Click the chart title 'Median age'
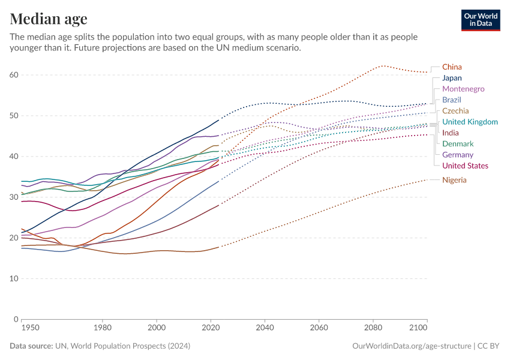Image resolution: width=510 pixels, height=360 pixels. (x=49, y=19)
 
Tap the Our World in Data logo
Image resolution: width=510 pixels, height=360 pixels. (x=480, y=20)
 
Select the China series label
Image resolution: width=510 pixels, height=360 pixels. (x=452, y=67)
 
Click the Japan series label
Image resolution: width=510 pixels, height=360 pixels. (x=451, y=78)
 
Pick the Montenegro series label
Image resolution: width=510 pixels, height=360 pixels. (x=463, y=89)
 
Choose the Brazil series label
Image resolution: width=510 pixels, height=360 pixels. (x=451, y=100)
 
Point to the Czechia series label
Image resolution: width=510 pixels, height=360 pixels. (x=455, y=111)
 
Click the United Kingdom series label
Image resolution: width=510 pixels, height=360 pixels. (x=470, y=122)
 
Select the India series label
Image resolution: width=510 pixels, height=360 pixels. (x=451, y=133)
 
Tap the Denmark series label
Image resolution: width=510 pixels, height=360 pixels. (x=458, y=144)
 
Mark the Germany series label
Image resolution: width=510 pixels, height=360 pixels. (x=457, y=155)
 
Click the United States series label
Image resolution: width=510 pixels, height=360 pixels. (x=465, y=166)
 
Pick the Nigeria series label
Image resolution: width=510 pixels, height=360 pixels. (x=454, y=180)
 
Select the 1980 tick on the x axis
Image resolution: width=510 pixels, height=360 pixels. (x=103, y=328)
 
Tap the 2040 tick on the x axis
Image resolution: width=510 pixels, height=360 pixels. (x=265, y=328)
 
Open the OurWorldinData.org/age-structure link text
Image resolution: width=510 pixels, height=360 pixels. (x=412, y=346)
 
